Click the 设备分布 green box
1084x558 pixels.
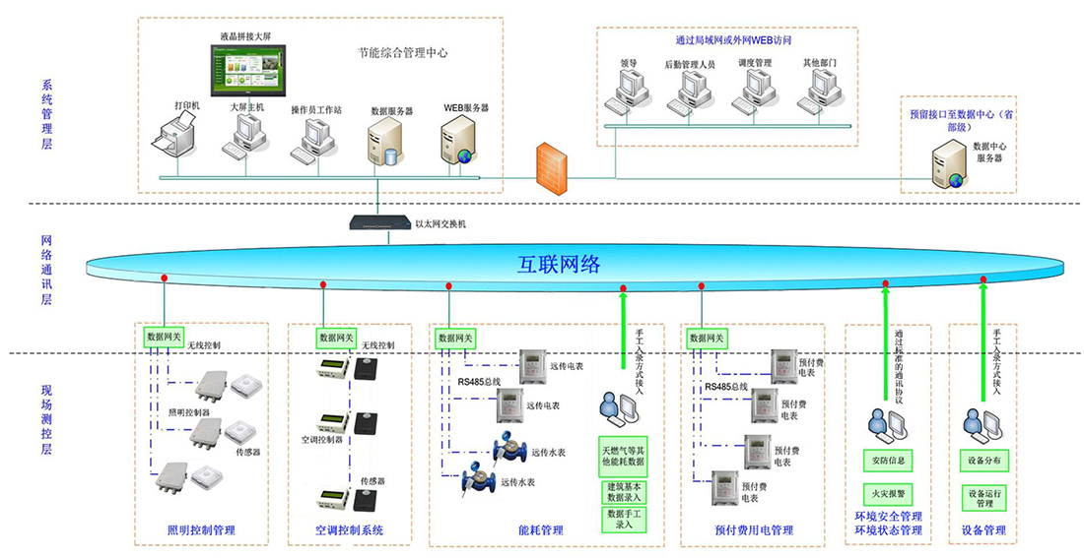[x=982, y=460]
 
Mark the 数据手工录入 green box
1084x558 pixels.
[x=623, y=519]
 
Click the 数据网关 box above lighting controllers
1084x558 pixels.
[x=163, y=337]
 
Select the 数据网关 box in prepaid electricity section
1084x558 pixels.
[x=708, y=337]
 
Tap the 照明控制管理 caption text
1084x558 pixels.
[x=201, y=531]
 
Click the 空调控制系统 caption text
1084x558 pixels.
[x=349, y=531]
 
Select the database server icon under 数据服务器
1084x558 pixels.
[x=384, y=144]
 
